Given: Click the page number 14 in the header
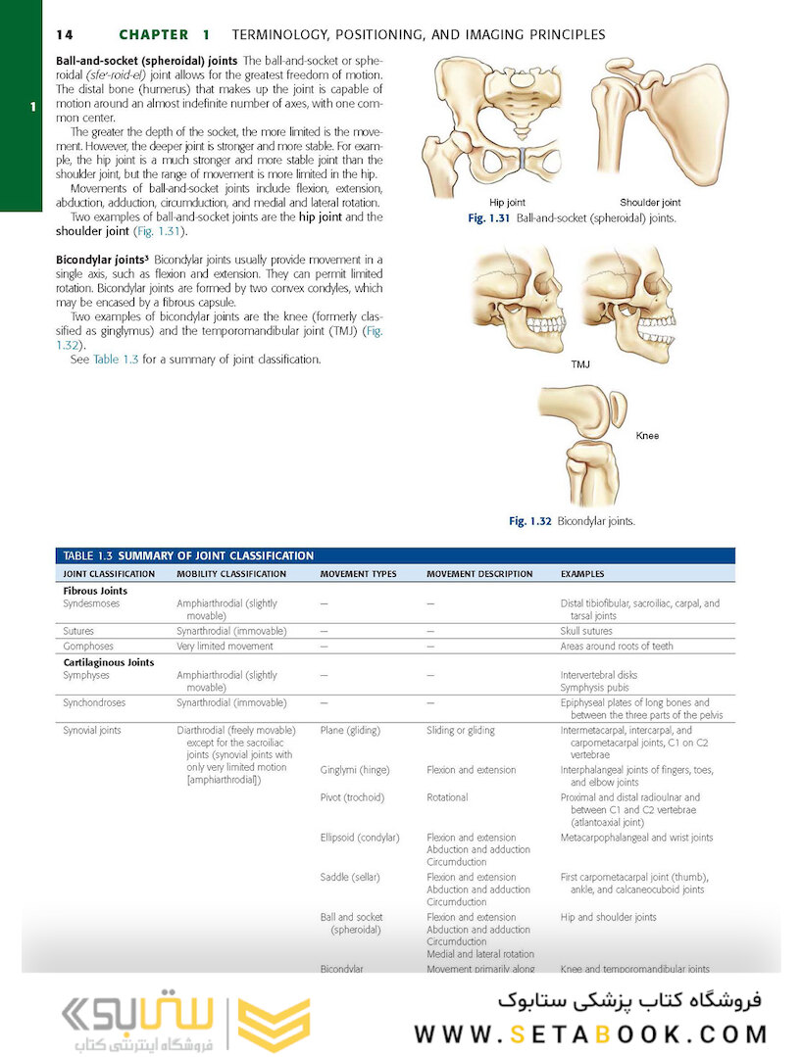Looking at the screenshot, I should tap(64, 34).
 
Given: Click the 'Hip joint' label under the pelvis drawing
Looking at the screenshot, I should tap(507, 203).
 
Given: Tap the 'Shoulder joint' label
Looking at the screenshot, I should tap(649, 203).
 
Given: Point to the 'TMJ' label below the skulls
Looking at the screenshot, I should tap(581, 363).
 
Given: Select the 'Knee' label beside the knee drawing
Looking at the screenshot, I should tap(647, 435).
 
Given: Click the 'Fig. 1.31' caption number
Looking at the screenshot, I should tap(488, 218).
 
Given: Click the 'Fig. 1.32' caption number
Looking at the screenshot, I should tap(529, 521).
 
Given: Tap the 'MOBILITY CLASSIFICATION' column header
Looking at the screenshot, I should tap(231, 574).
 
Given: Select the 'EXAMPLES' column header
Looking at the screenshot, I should tap(582, 574).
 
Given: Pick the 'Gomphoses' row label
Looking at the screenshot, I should tap(88, 647).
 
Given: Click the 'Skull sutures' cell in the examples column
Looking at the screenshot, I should tap(586, 632).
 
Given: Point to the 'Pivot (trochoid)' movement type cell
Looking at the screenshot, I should tap(352, 798).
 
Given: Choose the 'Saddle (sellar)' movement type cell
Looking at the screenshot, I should tap(350, 878).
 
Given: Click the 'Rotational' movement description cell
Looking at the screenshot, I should tap(447, 798).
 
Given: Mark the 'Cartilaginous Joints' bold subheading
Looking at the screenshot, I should tap(108, 662).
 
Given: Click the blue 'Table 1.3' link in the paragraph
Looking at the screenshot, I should tap(116, 360).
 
